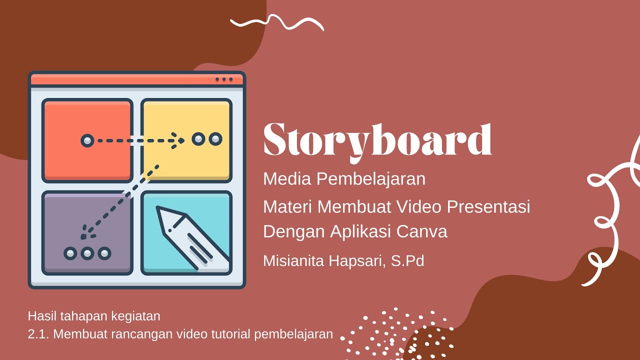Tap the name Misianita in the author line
[297, 260]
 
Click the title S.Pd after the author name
[407, 260]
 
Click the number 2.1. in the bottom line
[38, 334]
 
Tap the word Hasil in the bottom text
[41, 316]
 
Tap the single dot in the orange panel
[87, 140]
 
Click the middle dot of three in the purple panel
[87, 253]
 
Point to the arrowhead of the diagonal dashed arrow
[86, 232]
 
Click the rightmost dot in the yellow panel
[215, 139]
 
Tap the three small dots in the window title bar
[224, 79]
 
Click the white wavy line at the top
[276, 22]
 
